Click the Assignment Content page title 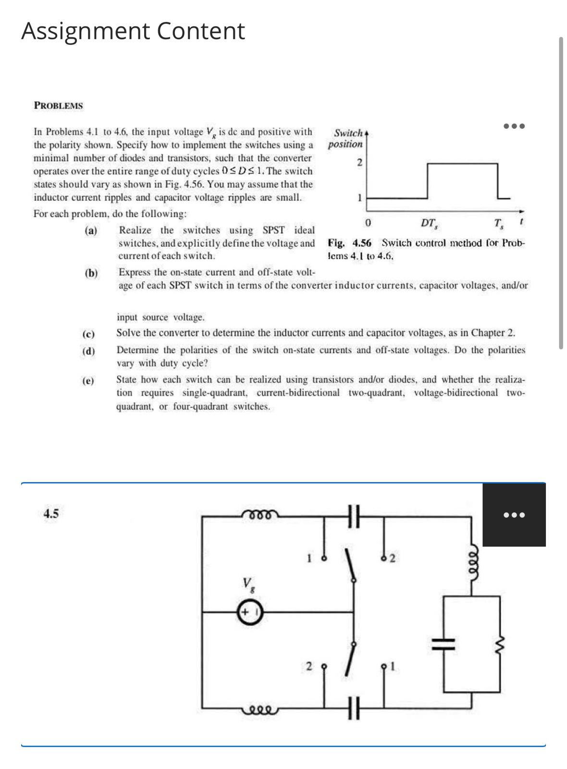coord(133,31)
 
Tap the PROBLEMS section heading coord(59,106)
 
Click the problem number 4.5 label coord(51,514)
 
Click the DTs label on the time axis coord(429,223)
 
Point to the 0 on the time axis coord(367,223)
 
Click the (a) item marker coord(91,231)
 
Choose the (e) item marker coord(88,381)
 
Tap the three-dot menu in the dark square coord(514,515)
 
